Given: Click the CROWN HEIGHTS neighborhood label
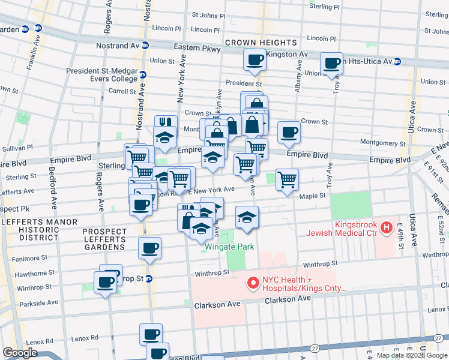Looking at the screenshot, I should pos(261,43).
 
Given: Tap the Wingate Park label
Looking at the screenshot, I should pos(229,247).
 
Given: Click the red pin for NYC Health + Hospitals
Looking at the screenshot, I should pos(253,281).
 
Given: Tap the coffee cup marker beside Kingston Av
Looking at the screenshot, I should pos(254,60).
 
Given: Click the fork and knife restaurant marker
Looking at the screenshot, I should pos(166,122).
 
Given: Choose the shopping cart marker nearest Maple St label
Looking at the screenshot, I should pos(288,179).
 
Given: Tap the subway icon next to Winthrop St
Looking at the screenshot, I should pos(149,279).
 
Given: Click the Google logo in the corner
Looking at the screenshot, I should pos(20,353).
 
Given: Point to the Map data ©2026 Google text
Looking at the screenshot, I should pos(412,355).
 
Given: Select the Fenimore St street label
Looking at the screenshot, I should pos(31,257).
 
